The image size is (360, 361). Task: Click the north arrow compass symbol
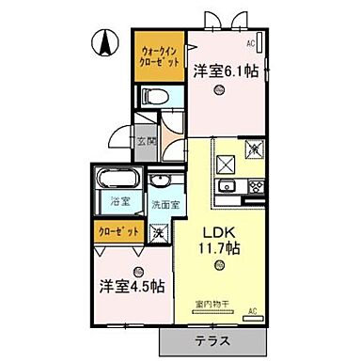pyautogui.click(x=104, y=41)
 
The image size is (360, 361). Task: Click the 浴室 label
pyautogui.click(x=118, y=201)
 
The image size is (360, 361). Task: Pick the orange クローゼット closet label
pyautogui.click(x=119, y=230)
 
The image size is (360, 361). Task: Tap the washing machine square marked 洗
pyautogui.click(x=161, y=230)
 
